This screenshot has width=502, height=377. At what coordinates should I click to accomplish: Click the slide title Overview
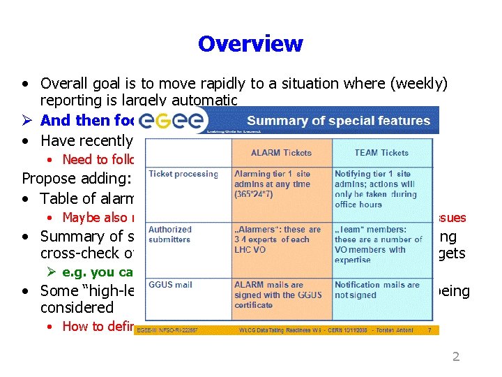coord(250,44)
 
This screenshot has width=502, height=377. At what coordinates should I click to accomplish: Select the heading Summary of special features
coord(338,121)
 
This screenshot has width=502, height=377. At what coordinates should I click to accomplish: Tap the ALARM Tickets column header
coord(281,153)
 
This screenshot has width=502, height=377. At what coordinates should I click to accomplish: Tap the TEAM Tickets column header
coord(381,153)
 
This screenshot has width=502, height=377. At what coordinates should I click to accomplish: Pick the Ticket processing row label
coord(183,174)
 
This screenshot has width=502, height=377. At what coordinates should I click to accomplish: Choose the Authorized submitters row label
coord(169,234)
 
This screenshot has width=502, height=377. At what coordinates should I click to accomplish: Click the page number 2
coord(456,357)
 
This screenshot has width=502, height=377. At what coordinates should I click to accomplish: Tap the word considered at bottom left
coord(77,307)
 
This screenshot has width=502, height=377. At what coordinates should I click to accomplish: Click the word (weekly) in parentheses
coord(421,84)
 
